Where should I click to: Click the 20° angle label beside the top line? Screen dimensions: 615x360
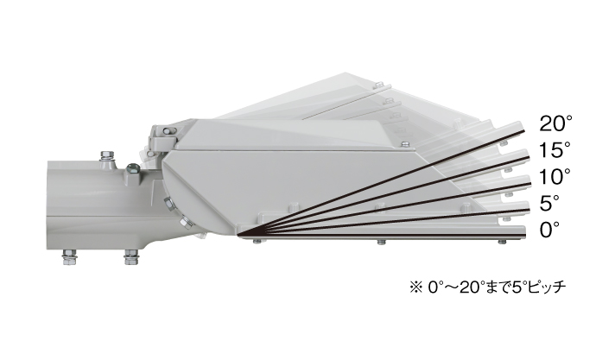[555, 123]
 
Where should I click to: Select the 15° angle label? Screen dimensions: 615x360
[555, 150]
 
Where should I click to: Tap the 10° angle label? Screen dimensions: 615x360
[555, 176]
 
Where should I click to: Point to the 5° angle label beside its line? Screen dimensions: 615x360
[549, 203]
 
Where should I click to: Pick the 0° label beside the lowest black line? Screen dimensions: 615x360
[549, 230]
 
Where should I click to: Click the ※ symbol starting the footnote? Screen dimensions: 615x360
[415, 287]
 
